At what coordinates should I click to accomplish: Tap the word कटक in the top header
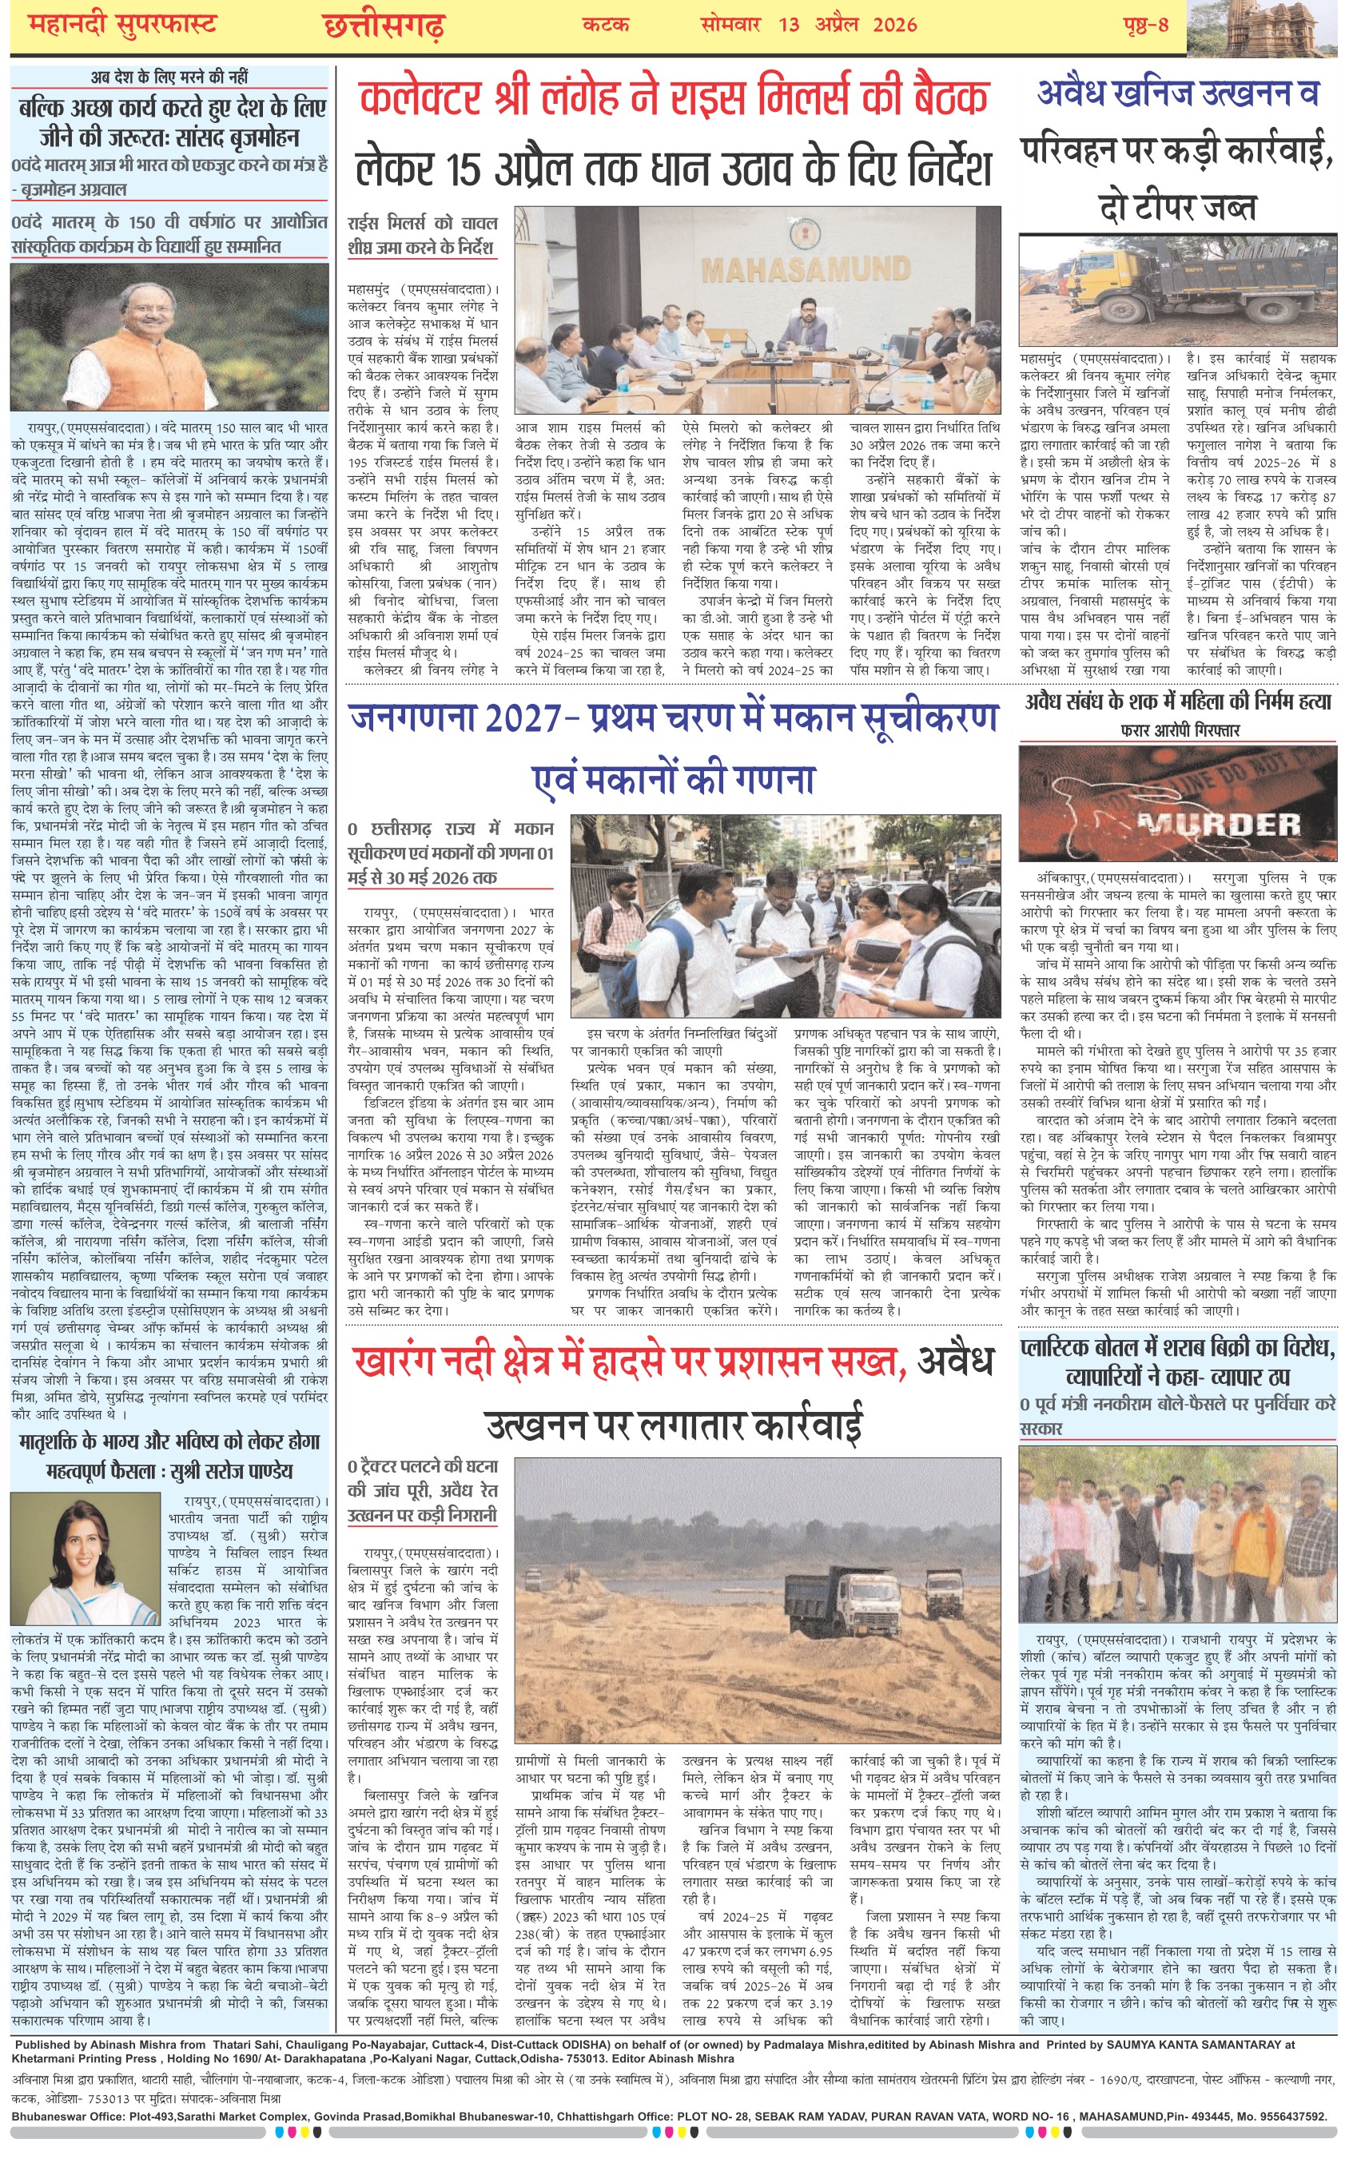(606, 24)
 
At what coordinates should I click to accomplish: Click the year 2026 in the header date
(895, 24)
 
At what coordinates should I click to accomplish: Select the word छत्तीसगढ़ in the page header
(384, 26)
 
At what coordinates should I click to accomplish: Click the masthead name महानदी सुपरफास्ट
(122, 24)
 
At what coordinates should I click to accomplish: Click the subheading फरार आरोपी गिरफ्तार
(1180, 730)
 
